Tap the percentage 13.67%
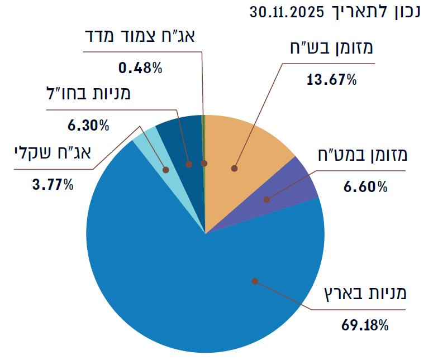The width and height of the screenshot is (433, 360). tap(331, 80)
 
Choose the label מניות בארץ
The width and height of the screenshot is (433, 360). tap(367, 292)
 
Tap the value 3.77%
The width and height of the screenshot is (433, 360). tap(53, 184)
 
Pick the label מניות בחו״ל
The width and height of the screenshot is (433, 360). tap(88, 93)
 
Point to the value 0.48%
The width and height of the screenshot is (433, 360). tap(140, 68)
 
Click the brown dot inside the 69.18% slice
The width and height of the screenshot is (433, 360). tap(255, 281)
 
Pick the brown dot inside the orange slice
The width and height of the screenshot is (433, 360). tap(235, 168)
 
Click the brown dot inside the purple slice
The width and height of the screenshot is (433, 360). tap(267, 199)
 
